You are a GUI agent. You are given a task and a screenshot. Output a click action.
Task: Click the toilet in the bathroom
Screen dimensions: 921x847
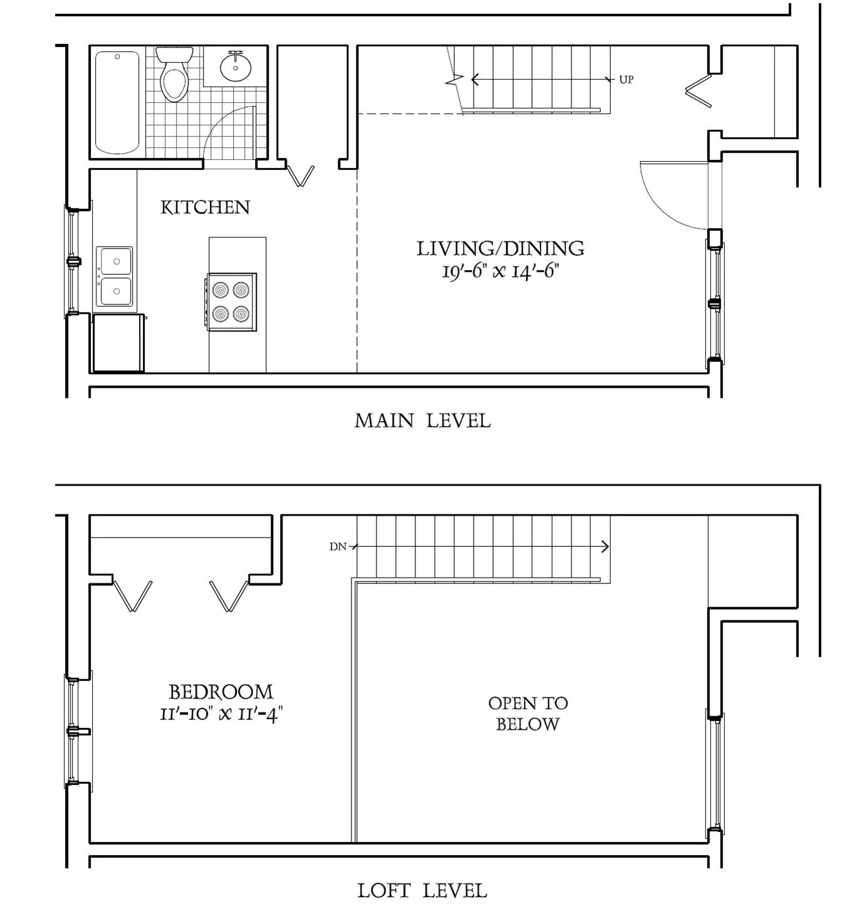(174, 75)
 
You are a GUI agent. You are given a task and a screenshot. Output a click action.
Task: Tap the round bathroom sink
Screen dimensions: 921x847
(236, 66)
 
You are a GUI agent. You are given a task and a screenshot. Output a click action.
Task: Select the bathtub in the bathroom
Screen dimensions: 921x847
(117, 102)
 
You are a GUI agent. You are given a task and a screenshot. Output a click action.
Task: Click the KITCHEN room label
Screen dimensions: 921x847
(205, 207)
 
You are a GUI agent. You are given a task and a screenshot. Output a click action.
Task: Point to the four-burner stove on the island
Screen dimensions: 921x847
(231, 301)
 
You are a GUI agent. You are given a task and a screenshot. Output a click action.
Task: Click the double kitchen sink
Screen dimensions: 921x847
(115, 276)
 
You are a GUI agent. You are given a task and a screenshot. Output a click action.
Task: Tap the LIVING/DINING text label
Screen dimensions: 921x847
(500, 249)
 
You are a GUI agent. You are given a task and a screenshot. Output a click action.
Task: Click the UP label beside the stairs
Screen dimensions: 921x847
(626, 80)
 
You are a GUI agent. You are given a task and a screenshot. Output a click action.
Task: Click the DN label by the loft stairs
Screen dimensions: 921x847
(338, 546)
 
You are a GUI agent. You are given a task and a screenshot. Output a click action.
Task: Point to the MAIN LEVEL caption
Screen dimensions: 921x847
(422, 420)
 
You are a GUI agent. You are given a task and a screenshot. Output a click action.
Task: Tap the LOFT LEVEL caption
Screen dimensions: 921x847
(422, 890)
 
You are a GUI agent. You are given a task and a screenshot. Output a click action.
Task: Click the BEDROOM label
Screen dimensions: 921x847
(221, 692)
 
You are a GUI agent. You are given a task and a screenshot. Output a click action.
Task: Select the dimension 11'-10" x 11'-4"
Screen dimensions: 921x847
(221, 714)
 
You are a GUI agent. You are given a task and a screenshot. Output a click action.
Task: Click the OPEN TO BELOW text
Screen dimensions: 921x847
(527, 714)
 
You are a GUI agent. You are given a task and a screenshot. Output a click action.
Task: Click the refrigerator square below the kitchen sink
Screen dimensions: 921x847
(118, 343)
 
